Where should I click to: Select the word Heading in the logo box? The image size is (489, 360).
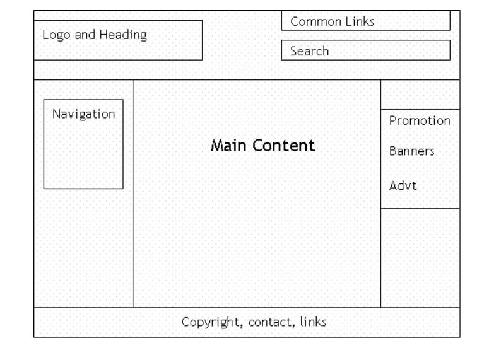[124, 35]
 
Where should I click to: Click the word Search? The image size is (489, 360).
[309, 51]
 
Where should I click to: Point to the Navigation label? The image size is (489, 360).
[83, 114]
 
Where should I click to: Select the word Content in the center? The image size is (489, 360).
[283, 146]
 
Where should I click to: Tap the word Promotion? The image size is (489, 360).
[420, 120]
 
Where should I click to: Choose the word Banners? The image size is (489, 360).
[412, 152]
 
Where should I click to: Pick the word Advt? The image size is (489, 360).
[403, 186]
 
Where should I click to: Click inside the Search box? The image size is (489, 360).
[391, 50]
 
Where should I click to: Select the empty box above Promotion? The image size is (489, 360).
[420, 95]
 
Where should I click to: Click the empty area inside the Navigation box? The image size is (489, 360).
[83, 158]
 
